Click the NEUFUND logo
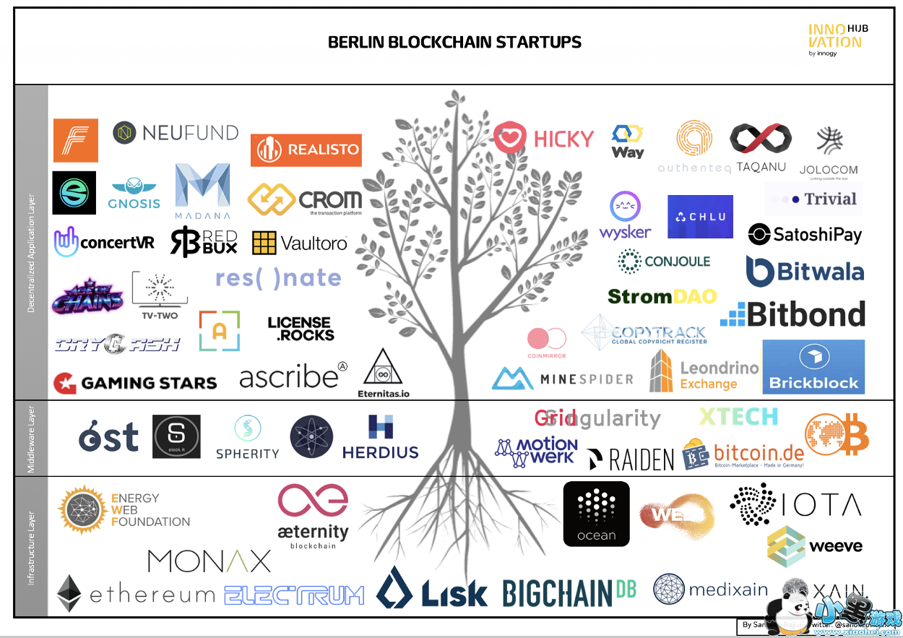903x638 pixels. [176, 133]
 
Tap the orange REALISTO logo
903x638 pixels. [306, 150]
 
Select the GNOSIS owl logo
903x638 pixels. [134, 193]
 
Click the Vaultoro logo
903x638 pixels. [300, 243]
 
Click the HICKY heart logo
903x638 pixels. [543, 138]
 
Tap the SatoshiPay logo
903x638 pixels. [805, 234]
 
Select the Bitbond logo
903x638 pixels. [792, 314]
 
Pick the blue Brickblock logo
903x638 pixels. [813, 367]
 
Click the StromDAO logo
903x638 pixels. [662, 296]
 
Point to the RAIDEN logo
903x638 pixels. [630, 459]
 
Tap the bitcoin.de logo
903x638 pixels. [743, 454]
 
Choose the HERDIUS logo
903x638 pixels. [380, 438]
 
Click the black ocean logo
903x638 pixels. [596, 514]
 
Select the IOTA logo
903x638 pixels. [795, 504]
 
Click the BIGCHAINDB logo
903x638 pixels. [569, 592]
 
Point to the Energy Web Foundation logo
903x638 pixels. [124, 509]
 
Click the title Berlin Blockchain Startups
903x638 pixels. [454, 42]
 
